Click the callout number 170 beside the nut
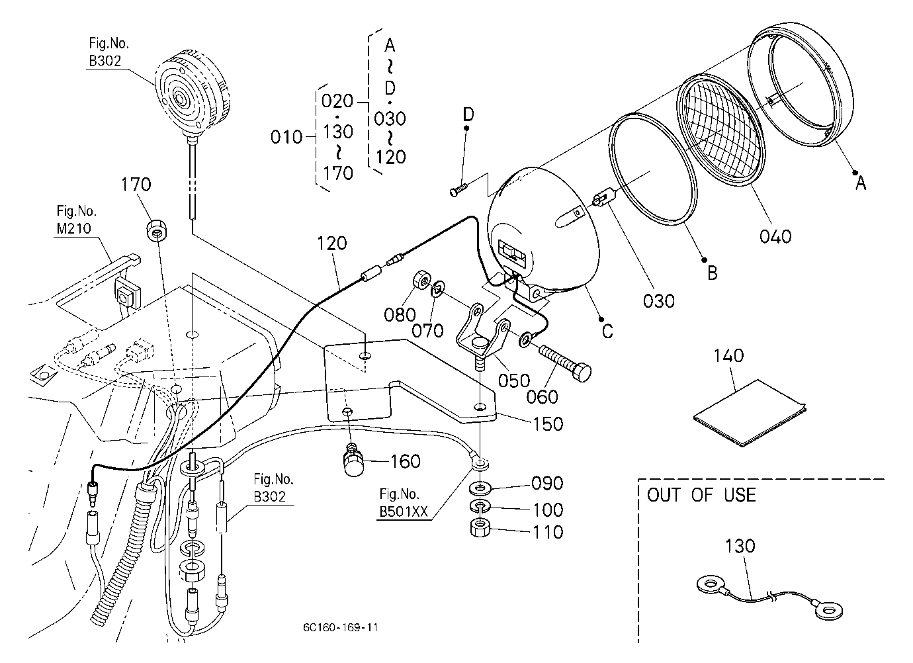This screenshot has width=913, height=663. pos(136,185)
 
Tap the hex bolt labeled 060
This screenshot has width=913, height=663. pos(565,363)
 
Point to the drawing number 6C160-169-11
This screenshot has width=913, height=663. pos(340,627)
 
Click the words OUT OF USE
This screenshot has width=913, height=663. pos(701,496)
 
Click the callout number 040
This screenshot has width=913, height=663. pos(775,236)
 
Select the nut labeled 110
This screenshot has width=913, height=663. pos(480,528)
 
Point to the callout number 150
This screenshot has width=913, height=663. pos(548,425)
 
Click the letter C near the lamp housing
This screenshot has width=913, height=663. pos(607,331)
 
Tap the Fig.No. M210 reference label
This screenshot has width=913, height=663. pos(76,220)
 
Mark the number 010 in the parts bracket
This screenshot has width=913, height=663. pos(286,138)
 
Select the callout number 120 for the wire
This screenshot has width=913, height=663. pos(331,243)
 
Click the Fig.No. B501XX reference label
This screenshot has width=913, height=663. pos(404,503)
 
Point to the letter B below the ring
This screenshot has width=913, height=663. pos(713,273)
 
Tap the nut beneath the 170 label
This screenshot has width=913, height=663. pos(157,230)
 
